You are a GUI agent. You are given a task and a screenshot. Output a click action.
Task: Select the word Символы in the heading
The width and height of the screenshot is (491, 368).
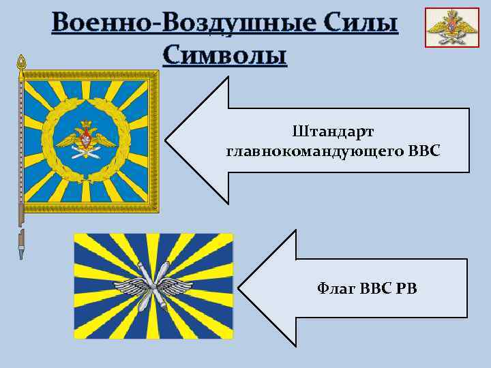tap(225, 55)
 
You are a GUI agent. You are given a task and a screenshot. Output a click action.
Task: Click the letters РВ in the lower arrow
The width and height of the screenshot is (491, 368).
tap(406, 288)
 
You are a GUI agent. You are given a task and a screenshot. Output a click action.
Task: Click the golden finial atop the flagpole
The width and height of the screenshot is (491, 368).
tap(21, 65)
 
